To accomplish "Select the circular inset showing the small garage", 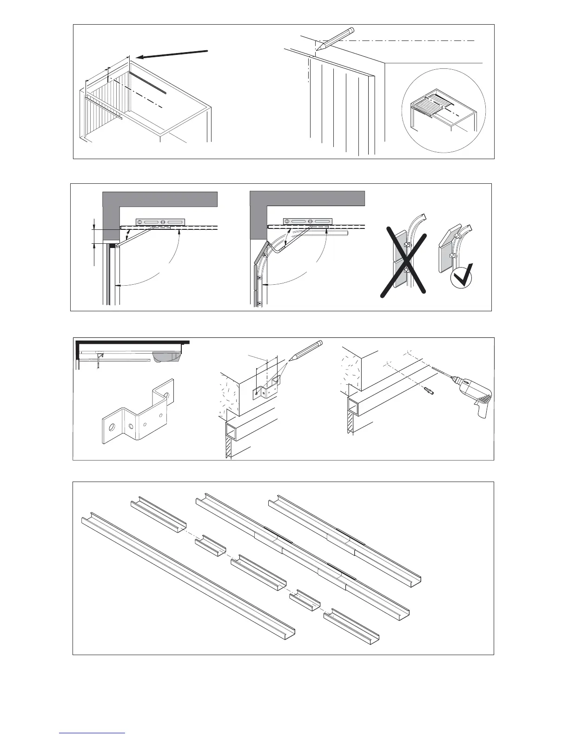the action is (x=443, y=111).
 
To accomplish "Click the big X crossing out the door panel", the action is (x=404, y=261).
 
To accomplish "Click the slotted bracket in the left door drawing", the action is (x=160, y=222).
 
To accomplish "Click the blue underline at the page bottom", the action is (x=92, y=734).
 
